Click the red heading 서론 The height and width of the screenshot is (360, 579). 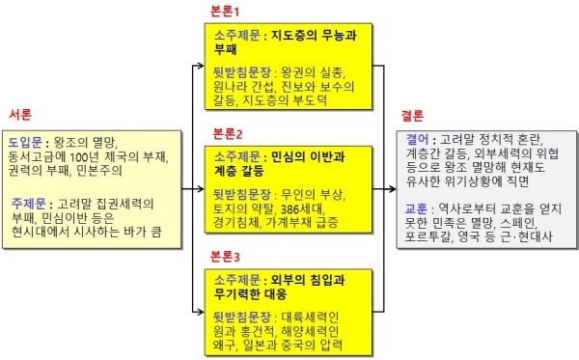point(20,115)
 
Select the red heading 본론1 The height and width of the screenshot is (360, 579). point(225,12)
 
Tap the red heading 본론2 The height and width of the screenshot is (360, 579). point(228,133)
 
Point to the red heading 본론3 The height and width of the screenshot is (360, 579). point(225,256)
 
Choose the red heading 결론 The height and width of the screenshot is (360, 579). point(412,116)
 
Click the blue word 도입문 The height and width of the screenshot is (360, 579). point(25,142)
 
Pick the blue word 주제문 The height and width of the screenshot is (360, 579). point(28,204)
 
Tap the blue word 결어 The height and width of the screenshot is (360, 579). point(417,140)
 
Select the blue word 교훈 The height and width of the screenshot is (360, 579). point(416,209)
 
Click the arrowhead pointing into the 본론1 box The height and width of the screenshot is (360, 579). point(201,66)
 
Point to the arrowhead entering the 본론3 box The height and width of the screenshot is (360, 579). point(201,312)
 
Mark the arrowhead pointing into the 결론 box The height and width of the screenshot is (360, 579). point(392,189)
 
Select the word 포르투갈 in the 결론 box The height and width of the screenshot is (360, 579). point(427,236)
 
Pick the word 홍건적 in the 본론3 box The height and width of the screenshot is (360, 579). point(257,331)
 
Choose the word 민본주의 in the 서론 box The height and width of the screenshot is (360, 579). point(99,171)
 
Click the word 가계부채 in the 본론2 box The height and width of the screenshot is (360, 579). point(288,223)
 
